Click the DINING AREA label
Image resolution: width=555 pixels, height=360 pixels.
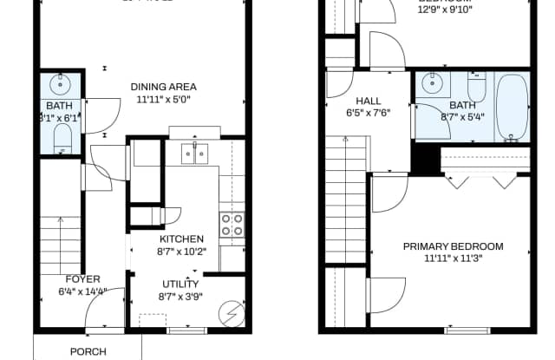pyautogui.click(x=163, y=87)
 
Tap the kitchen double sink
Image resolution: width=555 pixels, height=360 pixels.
pyautogui.click(x=195, y=154)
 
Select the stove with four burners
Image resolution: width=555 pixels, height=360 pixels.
pyautogui.click(x=232, y=225)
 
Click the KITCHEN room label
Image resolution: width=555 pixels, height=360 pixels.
pyautogui.click(x=181, y=239)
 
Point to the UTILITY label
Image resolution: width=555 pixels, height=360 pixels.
pyautogui.click(x=180, y=284)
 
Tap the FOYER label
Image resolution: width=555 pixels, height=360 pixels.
pyautogui.click(x=83, y=279)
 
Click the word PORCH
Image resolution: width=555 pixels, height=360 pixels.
pyautogui.click(x=88, y=351)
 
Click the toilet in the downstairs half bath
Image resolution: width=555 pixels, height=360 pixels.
pyautogui.click(x=62, y=137)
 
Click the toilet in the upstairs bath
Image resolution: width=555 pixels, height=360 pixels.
pyautogui.click(x=478, y=88)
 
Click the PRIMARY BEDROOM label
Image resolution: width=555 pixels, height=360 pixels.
pyautogui.click(x=453, y=246)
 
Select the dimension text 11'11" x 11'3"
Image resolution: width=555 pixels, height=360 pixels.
pyautogui.click(x=453, y=259)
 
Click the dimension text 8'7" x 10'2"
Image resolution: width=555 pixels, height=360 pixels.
pyautogui.click(x=181, y=252)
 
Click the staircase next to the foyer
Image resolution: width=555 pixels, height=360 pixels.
pyautogui.click(x=61, y=243)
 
